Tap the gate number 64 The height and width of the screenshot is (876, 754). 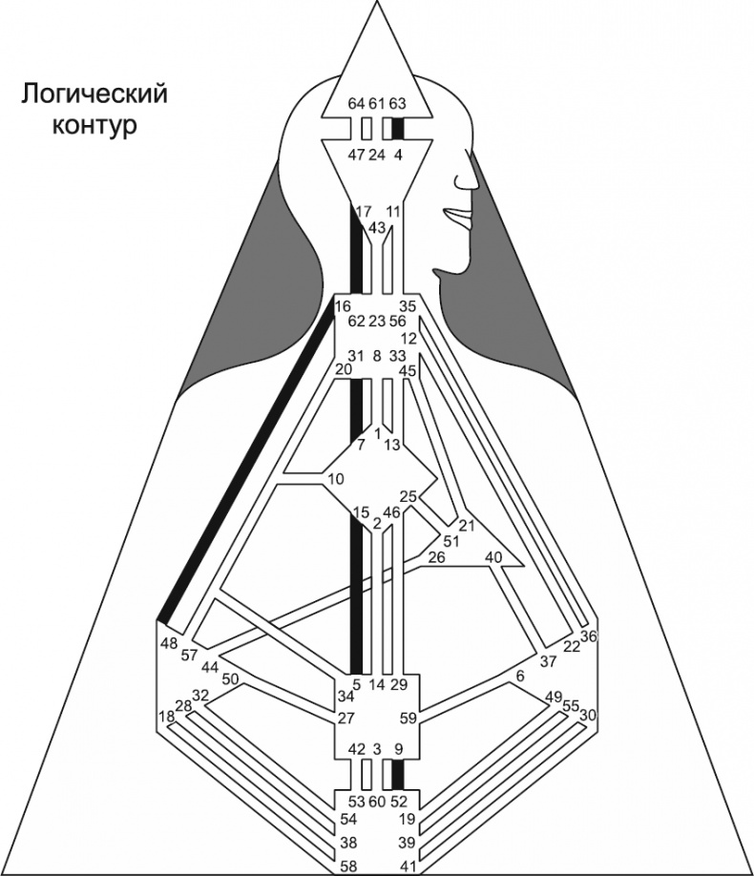coord(357,103)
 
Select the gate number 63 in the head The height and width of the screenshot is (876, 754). coord(399,103)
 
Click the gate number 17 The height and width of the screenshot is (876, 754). coord(363,211)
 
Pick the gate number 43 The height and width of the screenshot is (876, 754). coord(377,227)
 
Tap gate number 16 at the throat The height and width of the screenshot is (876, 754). coord(344,305)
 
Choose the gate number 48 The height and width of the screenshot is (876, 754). coord(170,642)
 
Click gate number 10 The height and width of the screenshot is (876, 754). coord(334,478)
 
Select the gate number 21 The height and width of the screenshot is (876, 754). coord(466,526)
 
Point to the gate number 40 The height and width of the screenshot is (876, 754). coord(493,556)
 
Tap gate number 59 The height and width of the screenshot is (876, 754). coord(406,719)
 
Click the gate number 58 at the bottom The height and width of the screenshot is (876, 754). coord(351,866)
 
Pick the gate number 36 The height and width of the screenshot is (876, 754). coord(588,636)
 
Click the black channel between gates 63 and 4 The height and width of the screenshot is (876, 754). coord(399,128)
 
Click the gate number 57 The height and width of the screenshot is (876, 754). coord(188,656)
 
